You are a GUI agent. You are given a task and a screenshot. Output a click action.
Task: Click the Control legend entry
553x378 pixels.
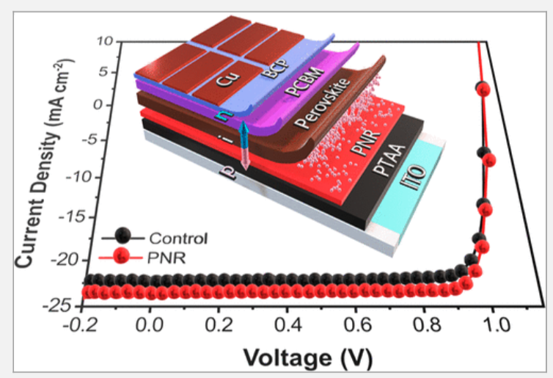click(x=177, y=238)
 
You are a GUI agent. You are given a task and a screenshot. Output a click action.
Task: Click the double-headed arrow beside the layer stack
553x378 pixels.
click(x=245, y=148)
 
